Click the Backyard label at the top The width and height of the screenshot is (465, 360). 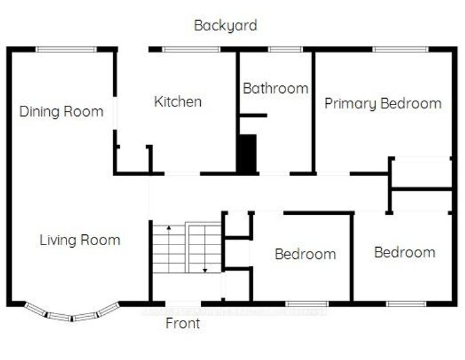(225, 26)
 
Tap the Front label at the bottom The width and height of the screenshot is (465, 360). (183, 323)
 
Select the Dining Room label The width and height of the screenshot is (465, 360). (61, 112)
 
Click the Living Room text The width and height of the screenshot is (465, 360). (80, 241)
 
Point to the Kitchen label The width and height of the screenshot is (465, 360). (178, 101)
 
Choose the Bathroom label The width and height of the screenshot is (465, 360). (275, 88)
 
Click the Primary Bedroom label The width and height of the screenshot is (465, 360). (383, 103)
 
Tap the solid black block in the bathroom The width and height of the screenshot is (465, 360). (247, 153)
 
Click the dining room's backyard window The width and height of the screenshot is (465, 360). (66, 49)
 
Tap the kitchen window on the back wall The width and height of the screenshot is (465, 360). (191, 49)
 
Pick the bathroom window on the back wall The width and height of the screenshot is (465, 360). (285, 49)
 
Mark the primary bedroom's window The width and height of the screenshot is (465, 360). (400, 49)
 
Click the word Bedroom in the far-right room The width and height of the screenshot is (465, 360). (404, 252)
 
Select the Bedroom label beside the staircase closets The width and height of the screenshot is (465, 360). (305, 254)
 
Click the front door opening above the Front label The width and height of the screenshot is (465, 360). (183, 303)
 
